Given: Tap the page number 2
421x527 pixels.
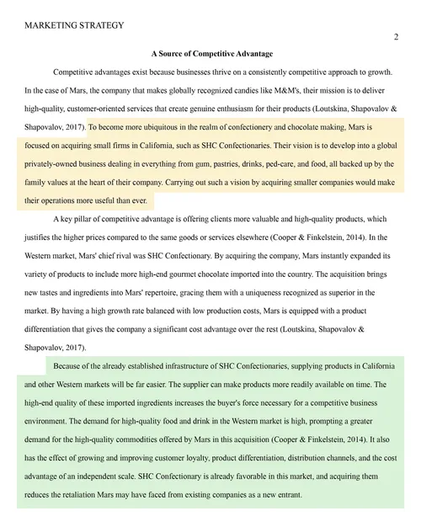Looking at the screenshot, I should coord(396,38).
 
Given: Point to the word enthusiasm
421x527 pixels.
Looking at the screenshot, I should coord(253,109).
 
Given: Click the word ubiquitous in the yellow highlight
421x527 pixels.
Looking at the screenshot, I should coord(195,128).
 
